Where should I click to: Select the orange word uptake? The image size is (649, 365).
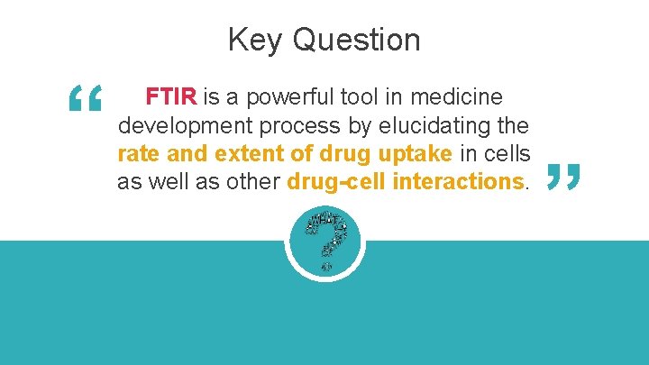click(412, 153)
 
